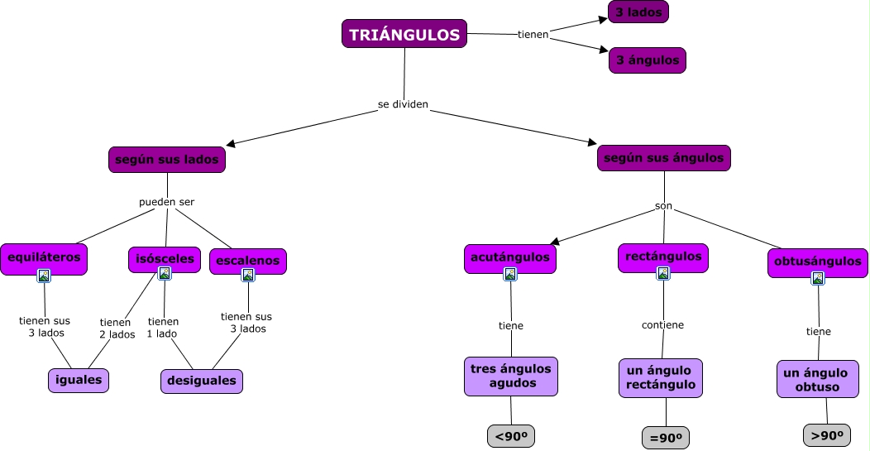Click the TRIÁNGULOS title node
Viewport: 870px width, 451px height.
[x=404, y=34]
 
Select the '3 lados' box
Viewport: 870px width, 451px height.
[x=638, y=12]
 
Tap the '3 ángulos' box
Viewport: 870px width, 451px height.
[x=648, y=60]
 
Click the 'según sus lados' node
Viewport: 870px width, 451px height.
[x=167, y=159]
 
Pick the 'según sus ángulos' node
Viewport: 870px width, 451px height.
[x=663, y=158]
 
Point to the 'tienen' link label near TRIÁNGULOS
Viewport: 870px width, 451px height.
[x=533, y=35]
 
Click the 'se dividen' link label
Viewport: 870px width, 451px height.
[x=403, y=105]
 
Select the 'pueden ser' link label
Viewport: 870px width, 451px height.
[x=167, y=201]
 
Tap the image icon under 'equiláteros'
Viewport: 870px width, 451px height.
[x=44, y=276]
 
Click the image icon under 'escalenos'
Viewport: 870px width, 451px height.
[x=248, y=276]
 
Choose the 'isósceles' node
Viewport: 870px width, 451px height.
[x=165, y=259]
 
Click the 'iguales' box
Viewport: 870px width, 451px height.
[x=79, y=380]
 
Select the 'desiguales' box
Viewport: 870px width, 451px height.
[x=202, y=381]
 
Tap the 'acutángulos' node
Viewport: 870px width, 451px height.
[x=509, y=257]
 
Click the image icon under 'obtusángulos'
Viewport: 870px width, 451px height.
[x=817, y=278]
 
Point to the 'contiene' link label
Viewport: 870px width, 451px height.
[x=662, y=324]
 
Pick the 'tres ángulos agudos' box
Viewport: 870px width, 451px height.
[x=511, y=377]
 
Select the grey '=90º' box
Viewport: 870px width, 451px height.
[x=665, y=438]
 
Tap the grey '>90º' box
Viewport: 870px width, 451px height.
[x=827, y=435]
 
